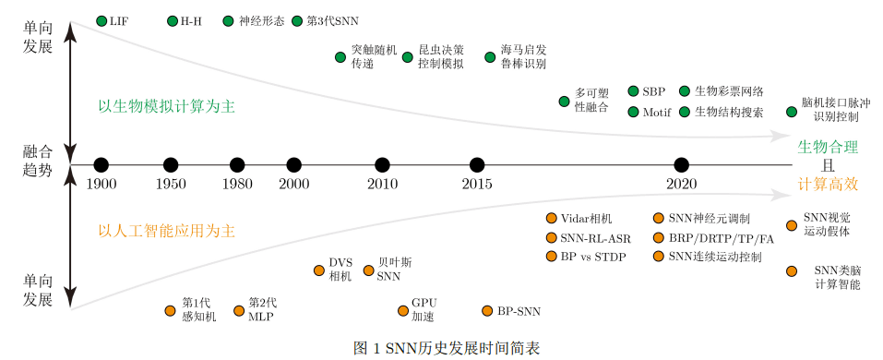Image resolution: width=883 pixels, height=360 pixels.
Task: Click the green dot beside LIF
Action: (x=101, y=20)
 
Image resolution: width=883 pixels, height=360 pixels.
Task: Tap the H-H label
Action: (x=191, y=20)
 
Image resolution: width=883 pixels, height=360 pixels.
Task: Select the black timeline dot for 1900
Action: (x=101, y=165)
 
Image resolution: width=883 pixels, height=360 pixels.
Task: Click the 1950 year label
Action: (x=170, y=185)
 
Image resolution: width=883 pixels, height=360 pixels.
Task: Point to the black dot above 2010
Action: (x=382, y=165)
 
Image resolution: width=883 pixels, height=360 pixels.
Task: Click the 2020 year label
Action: (x=681, y=185)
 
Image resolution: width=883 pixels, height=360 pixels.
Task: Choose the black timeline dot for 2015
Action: (x=476, y=165)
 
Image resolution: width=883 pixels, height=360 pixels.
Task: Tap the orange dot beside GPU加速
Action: (x=402, y=311)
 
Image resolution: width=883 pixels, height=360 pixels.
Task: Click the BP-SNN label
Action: (x=519, y=311)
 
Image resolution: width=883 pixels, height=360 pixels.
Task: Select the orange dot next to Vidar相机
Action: (x=552, y=219)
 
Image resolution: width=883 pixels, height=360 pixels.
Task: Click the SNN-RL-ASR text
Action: (x=595, y=237)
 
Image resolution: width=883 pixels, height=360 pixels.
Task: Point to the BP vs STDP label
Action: (x=593, y=256)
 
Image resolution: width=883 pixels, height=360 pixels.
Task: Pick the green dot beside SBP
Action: (x=633, y=91)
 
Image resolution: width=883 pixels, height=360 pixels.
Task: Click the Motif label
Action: (x=657, y=113)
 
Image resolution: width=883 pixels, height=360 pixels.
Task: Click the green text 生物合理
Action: (x=828, y=147)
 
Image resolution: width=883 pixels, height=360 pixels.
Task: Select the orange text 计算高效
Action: (x=828, y=185)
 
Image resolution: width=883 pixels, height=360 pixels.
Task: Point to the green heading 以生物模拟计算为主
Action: (x=166, y=106)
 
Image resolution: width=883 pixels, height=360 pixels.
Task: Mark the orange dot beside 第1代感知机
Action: (x=169, y=311)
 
